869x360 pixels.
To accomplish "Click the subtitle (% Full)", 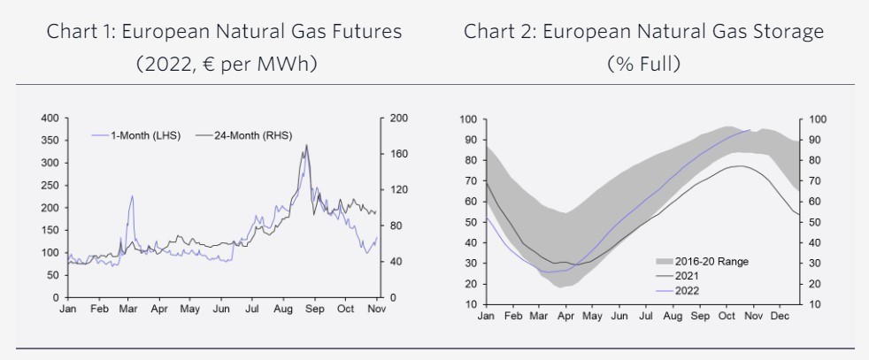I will point(643,64).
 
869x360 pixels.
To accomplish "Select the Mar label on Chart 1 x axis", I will point(127,310).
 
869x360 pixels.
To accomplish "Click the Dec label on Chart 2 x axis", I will point(780,316).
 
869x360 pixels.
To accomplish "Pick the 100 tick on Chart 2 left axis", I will point(466,119).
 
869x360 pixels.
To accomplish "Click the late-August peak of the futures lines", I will point(306,145).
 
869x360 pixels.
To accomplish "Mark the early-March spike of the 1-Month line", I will point(132,196).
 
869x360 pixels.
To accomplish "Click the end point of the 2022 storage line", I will point(750,130).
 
